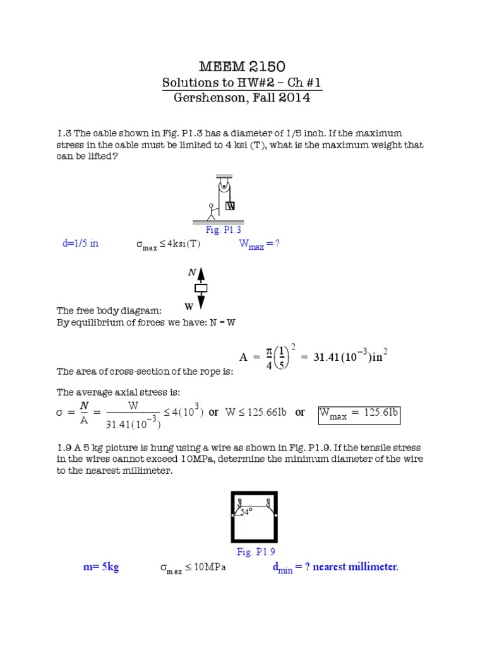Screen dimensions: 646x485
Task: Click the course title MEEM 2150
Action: pos(242,66)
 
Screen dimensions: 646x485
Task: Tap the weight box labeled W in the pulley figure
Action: pos(231,206)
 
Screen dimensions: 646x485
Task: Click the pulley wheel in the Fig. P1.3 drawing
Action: pos(224,185)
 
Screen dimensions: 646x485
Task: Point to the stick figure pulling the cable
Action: pos(212,212)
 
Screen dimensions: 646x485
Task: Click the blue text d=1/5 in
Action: pos(80,244)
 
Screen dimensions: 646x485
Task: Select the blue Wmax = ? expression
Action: pos(258,245)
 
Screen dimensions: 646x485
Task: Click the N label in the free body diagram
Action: pos(192,272)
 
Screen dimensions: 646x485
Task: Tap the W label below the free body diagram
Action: pos(188,307)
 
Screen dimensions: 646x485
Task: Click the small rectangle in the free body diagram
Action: pos(201,289)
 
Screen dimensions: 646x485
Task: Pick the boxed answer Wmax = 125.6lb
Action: pos(359,413)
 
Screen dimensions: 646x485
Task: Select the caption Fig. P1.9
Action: pos(253,552)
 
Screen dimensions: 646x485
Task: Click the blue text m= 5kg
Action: pos(101,567)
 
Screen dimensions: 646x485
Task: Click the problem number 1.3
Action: pos(64,133)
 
